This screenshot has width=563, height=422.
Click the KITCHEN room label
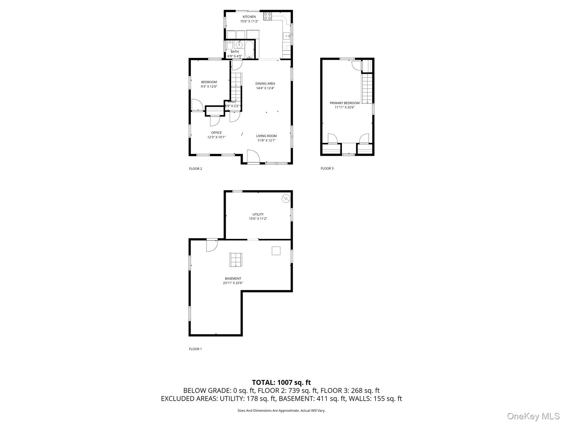pos(249,19)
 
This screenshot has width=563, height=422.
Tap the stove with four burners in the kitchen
pos(268,16)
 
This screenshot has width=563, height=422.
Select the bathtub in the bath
pos(249,50)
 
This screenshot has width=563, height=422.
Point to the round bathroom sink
pos(239,45)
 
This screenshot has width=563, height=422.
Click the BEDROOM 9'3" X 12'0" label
pos(209,84)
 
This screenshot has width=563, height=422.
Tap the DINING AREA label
pos(265,86)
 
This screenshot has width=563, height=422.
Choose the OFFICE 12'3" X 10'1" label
pos(216,135)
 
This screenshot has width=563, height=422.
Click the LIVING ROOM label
pos(266,138)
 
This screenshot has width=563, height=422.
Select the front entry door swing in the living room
pos(253,156)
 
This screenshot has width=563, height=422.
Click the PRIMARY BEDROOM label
pos(345,105)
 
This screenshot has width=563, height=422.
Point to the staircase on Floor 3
pos(367,88)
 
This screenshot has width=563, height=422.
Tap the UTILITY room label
pos(258,216)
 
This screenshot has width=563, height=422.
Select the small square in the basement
pos(276,251)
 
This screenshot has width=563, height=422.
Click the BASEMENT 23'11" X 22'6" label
pos(233,280)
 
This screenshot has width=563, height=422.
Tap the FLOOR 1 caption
pos(195,349)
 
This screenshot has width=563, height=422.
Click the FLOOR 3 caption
pos(327,168)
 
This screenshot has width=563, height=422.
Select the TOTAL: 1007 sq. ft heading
pos(281,382)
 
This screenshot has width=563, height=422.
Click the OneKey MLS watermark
pos(533,416)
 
